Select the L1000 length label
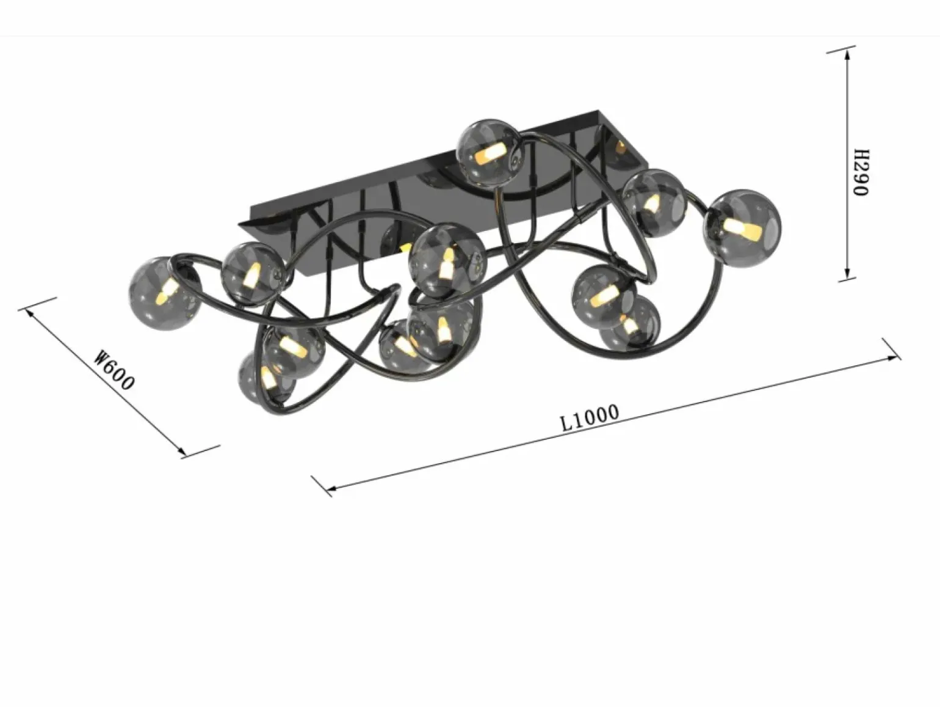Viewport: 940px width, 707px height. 590,417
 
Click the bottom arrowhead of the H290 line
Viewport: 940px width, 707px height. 847,274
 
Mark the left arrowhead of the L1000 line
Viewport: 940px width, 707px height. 332,487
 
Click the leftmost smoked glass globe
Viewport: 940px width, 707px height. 165,293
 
